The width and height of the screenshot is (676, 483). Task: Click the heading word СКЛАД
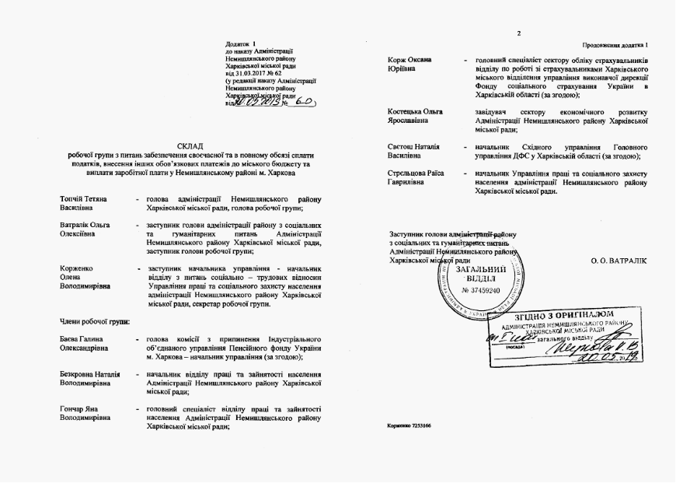(x=191, y=145)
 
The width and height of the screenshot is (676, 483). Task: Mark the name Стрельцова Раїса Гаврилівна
(x=417, y=177)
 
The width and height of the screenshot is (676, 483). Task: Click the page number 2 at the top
(x=518, y=33)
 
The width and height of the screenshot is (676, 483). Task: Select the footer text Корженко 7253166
(x=409, y=427)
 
